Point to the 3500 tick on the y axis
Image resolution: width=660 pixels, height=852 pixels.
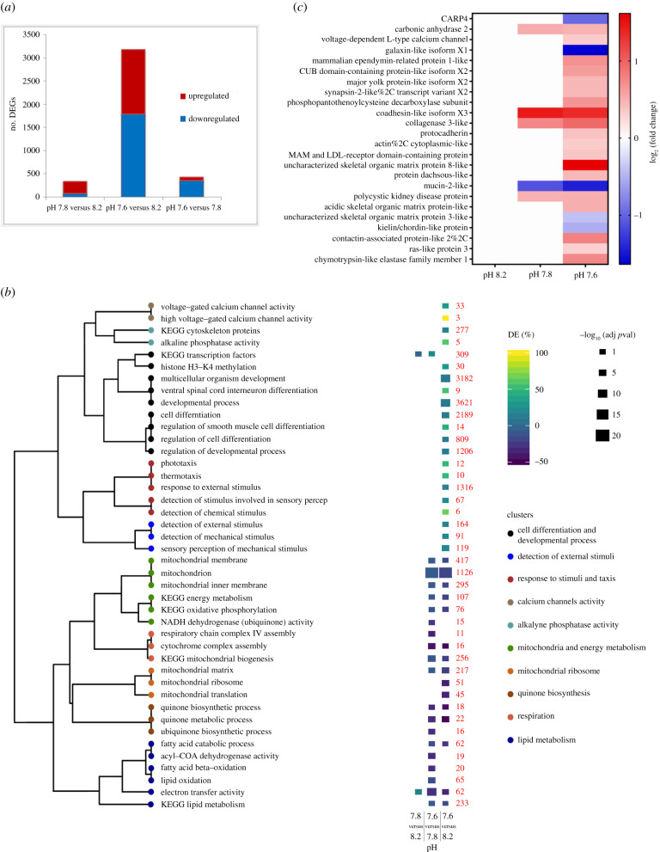pos(27,34)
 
